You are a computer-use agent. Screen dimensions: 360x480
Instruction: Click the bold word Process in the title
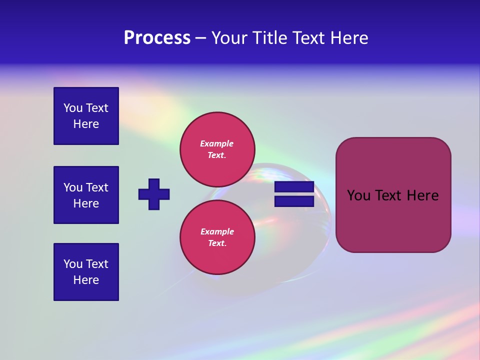pyautogui.click(x=157, y=38)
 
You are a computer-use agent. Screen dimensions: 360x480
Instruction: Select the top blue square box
pyautogui.click(x=86, y=116)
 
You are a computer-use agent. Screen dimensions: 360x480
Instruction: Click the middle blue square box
pyautogui.click(x=86, y=195)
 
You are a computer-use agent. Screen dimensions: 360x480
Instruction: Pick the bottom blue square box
pyautogui.click(x=86, y=272)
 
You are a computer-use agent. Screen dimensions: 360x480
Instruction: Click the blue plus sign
pyautogui.click(x=154, y=194)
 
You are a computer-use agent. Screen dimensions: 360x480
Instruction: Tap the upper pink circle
pyautogui.click(x=217, y=149)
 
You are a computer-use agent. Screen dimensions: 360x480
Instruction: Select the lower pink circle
pyautogui.click(x=217, y=237)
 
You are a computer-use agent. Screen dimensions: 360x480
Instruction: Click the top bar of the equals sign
pyautogui.click(x=294, y=187)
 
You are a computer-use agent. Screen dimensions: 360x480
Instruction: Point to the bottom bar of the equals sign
pyautogui.click(x=294, y=201)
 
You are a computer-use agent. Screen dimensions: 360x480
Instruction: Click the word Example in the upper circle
pyautogui.click(x=217, y=143)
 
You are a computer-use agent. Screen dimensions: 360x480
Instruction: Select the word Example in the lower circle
pyautogui.click(x=217, y=231)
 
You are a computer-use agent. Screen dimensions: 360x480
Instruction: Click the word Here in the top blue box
pyautogui.click(x=86, y=124)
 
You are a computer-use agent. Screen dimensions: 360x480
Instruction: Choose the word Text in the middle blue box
pyautogui.click(x=97, y=187)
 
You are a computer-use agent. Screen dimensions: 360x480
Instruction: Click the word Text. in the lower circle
pyautogui.click(x=217, y=243)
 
